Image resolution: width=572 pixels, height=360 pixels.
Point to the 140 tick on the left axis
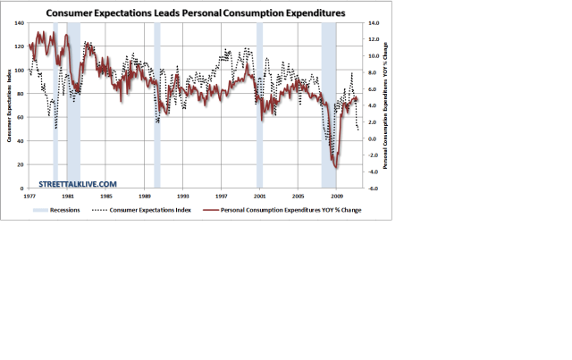coord(20,22)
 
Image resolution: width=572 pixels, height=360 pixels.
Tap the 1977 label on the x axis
coord(29,196)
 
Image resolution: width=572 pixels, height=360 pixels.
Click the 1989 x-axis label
coord(145,196)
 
